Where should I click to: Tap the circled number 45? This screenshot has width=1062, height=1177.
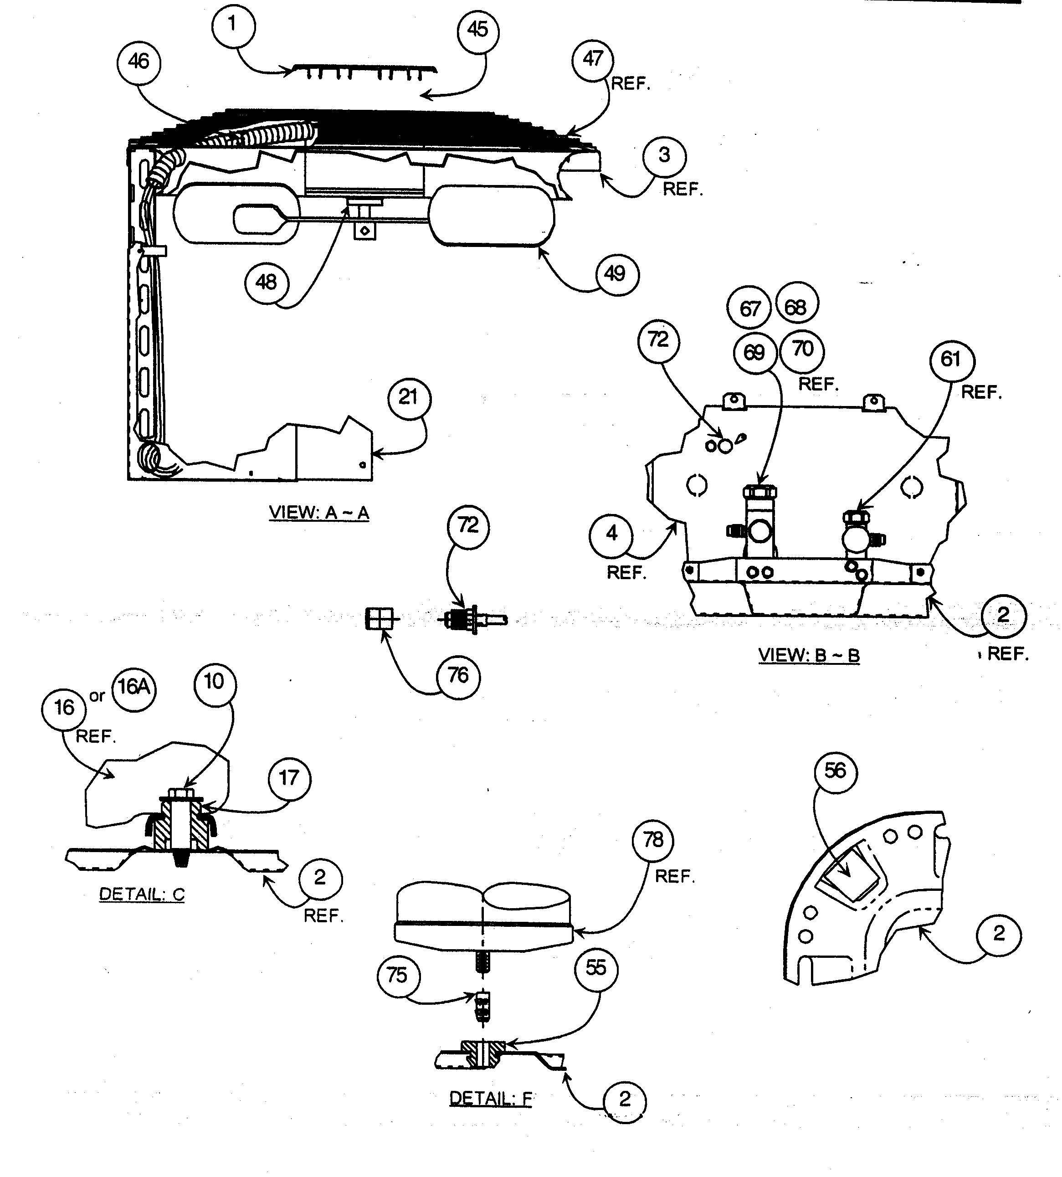tap(478, 29)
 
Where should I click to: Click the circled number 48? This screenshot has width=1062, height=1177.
tap(266, 283)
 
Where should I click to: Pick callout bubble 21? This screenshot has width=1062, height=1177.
tap(409, 398)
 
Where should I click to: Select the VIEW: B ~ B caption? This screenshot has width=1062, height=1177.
tap(809, 655)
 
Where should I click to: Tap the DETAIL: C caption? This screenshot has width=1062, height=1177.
tap(142, 894)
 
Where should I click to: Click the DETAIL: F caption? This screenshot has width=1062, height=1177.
tap(491, 1099)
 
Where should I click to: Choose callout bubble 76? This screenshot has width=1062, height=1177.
tap(459, 676)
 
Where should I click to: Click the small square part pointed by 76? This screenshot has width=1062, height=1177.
tap(379, 618)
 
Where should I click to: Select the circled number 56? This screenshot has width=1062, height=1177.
tap(836, 772)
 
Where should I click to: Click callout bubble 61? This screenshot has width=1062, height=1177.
tap(951, 360)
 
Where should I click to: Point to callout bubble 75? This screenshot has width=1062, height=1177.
tap(397, 975)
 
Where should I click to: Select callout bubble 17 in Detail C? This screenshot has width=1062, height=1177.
tap(289, 778)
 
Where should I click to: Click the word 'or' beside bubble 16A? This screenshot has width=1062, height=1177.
tap(97, 696)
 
